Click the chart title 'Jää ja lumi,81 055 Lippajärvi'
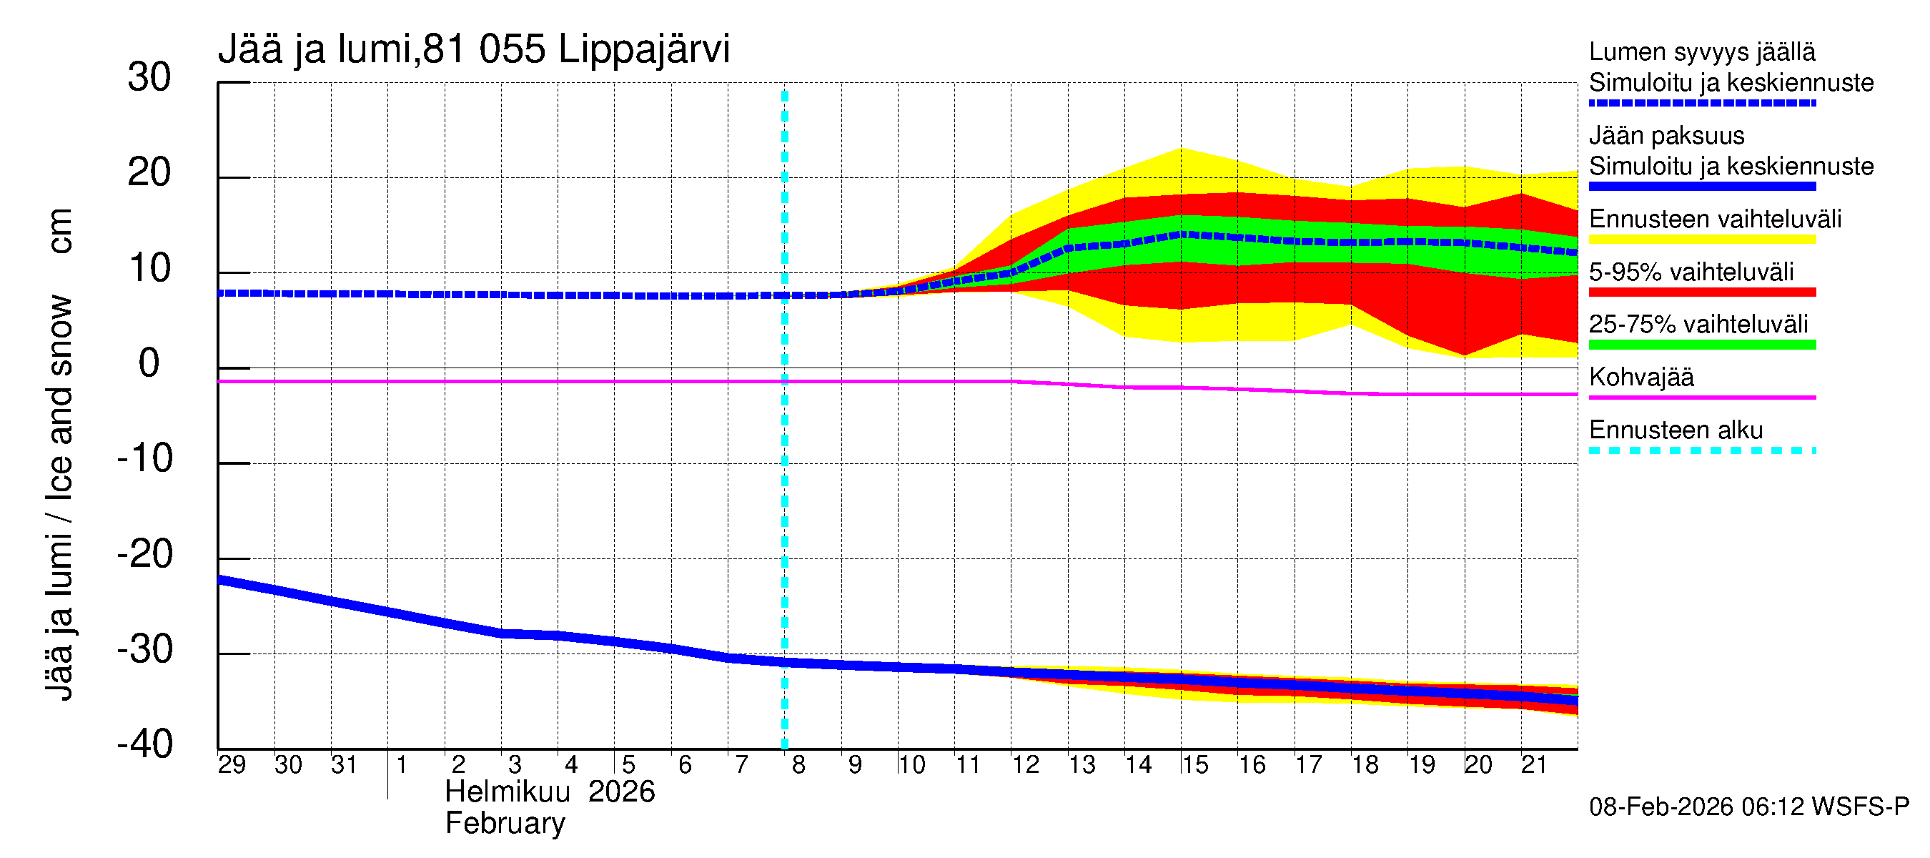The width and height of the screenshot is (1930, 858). pyautogui.click(x=473, y=49)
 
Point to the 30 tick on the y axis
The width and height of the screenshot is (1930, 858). pyautogui.click(x=149, y=78)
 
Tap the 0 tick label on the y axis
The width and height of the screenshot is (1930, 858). pyautogui.click(x=149, y=364)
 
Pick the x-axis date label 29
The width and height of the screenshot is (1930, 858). pyautogui.click(x=232, y=765)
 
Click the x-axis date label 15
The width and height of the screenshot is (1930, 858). pyautogui.click(x=1195, y=765)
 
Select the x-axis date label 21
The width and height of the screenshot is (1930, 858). pyautogui.click(x=1534, y=765)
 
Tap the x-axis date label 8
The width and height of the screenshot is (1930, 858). pyautogui.click(x=798, y=765)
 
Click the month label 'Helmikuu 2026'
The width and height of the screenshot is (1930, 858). pyautogui.click(x=549, y=792)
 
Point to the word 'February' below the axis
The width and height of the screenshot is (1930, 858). pyautogui.click(x=505, y=824)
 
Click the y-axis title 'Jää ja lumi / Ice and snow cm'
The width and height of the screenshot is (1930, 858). pyautogui.click(x=59, y=454)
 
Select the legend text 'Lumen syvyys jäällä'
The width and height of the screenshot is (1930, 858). pyautogui.click(x=1702, y=51)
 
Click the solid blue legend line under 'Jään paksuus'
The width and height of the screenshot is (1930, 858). pyautogui.click(x=1702, y=187)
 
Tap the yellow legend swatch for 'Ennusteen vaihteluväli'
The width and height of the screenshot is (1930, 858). pyautogui.click(x=1702, y=240)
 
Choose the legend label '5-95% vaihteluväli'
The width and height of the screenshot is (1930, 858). pyautogui.click(x=1691, y=272)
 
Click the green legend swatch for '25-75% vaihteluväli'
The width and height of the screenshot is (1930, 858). pyautogui.click(x=1702, y=345)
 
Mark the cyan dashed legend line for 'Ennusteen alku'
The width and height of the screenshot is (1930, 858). pyautogui.click(x=1702, y=450)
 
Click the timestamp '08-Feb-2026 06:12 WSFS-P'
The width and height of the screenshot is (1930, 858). pyautogui.click(x=1748, y=807)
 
